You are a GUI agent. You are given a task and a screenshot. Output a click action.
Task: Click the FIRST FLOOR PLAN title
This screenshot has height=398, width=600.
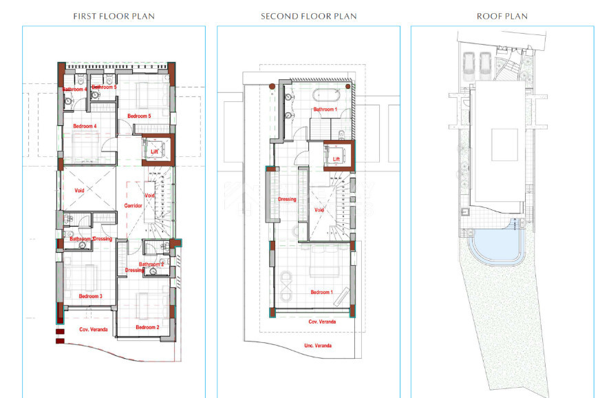(x=114, y=16)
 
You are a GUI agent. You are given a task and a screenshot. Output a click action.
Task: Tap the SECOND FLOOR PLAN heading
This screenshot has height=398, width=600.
(x=308, y=16)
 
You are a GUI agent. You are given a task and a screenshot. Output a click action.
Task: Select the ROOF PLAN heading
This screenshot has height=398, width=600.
(x=502, y=16)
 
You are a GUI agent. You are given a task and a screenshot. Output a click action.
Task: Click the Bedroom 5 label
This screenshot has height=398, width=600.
(x=139, y=116)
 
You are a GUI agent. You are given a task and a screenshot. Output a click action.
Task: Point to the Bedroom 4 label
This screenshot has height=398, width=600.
(x=85, y=126)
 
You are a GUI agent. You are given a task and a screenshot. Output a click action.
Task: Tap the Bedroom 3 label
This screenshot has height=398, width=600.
(x=90, y=296)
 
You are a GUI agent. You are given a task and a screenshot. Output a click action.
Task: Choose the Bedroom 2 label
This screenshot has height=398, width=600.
(x=147, y=327)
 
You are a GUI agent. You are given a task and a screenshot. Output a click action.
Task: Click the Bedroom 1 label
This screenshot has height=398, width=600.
(x=321, y=292)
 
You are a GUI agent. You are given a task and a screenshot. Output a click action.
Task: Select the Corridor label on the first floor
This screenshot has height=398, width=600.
(x=133, y=206)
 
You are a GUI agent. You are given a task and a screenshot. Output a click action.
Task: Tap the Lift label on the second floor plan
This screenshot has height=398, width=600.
(x=336, y=159)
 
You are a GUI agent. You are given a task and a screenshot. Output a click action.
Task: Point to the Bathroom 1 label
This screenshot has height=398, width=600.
(x=325, y=109)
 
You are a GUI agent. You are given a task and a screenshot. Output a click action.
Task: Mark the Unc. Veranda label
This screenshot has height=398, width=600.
(x=317, y=345)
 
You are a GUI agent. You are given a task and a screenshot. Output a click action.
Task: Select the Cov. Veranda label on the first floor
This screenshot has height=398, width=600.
(x=94, y=330)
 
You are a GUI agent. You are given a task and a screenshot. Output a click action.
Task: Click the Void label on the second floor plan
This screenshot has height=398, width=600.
(x=319, y=210)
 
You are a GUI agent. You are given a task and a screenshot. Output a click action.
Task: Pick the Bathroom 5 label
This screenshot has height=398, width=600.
(x=104, y=87)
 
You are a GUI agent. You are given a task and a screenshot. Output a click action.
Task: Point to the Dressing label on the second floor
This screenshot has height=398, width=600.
(x=287, y=200)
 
